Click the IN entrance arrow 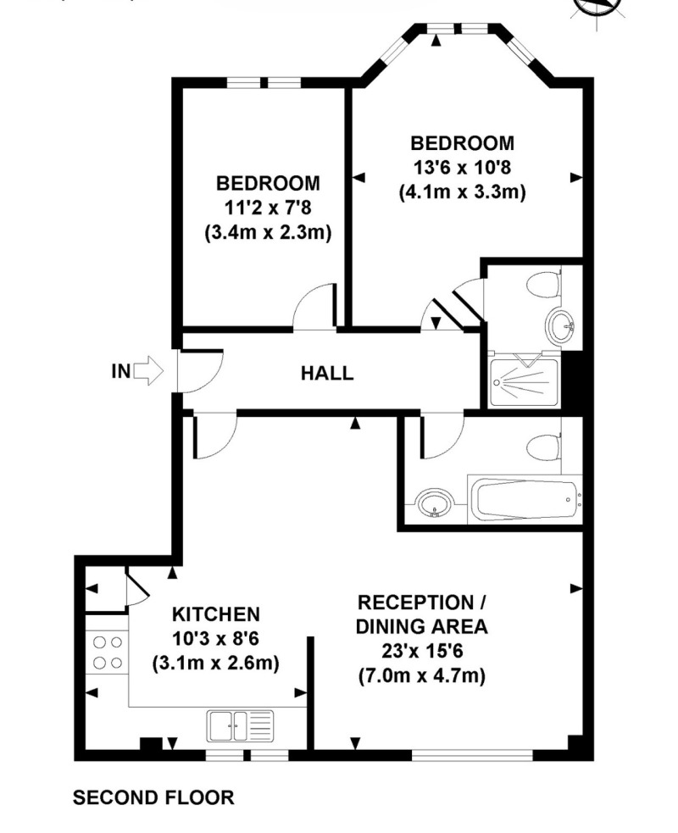click(x=147, y=371)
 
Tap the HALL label click(x=327, y=373)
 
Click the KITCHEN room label click(x=216, y=614)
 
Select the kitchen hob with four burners click(x=108, y=653)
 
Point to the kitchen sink click(x=241, y=725)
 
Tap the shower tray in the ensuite click(x=525, y=383)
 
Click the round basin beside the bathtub click(x=435, y=503)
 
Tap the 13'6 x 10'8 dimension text click(x=462, y=167)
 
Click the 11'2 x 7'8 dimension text click(x=268, y=208)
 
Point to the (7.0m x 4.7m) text click(x=422, y=675)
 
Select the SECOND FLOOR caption click(x=153, y=797)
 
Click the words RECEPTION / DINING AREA click(x=421, y=614)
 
